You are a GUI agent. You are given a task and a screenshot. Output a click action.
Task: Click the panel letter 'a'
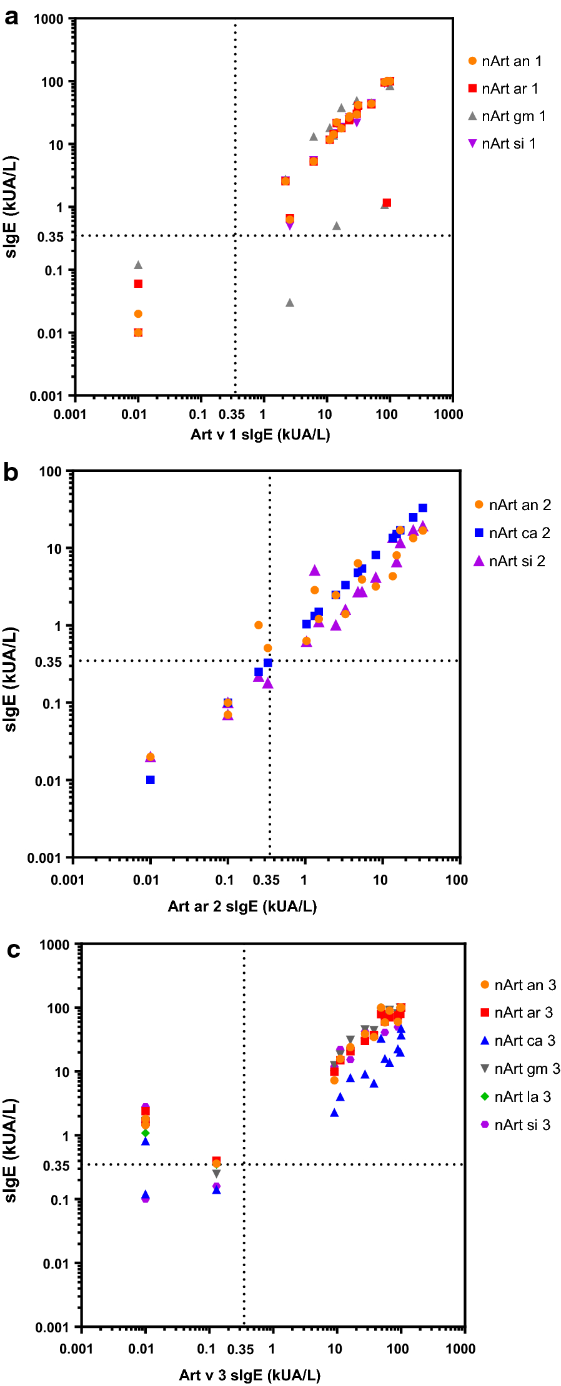pyautogui.click(x=11, y=17)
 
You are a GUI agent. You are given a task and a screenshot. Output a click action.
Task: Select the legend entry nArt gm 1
pyautogui.click(x=507, y=116)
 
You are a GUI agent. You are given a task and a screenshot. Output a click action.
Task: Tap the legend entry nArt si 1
pyautogui.click(x=502, y=144)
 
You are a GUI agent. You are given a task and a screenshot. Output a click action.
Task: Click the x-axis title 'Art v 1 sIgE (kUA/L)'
pyautogui.click(x=260, y=435)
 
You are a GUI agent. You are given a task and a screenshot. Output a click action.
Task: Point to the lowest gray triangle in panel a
pyautogui.click(x=290, y=303)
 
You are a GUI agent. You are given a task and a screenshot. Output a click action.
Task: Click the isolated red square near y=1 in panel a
pyautogui.click(x=387, y=203)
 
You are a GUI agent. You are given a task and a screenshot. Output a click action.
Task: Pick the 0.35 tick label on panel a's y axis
pyautogui.click(x=50, y=237)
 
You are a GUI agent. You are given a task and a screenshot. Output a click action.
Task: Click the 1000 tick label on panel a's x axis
pyautogui.click(x=448, y=415)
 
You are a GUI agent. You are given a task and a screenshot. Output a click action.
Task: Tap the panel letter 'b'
pyautogui.click(x=11, y=473)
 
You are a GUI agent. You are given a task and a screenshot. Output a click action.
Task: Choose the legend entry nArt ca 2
pyautogui.click(x=512, y=533)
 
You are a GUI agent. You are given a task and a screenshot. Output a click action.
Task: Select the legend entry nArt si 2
pyautogui.click(x=510, y=561)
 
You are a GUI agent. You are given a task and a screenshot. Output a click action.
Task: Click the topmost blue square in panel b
pyautogui.click(x=423, y=508)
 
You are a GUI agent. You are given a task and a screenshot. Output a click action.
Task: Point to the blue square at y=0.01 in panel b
pyautogui.click(x=151, y=780)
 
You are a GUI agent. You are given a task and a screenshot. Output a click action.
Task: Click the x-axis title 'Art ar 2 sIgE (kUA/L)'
pyautogui.click(x=242, y=907)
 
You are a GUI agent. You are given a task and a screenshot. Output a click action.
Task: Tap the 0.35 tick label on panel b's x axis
pyautogui.click(x=266, y=880)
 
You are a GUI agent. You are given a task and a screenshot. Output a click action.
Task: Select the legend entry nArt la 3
pyautogui.click(x=516, y=1097)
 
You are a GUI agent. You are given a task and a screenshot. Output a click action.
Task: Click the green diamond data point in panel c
pyautogui.click(x=146, y=1133)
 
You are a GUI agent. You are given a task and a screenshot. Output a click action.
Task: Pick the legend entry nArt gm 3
pyautogui.click(x=520, y=1069)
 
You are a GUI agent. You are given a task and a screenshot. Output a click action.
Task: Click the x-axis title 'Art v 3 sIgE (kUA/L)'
pyautogui.click(x=250, y=1375)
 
